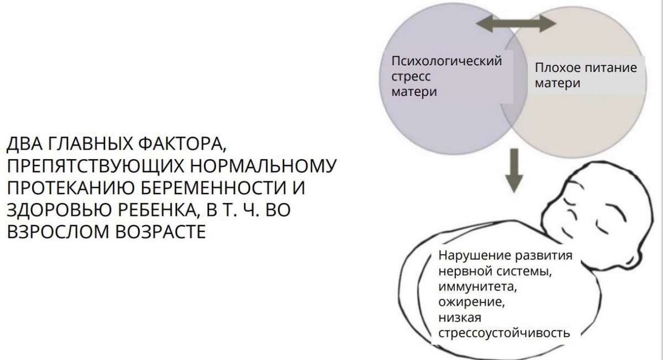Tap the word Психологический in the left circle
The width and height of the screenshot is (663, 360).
(446, 61)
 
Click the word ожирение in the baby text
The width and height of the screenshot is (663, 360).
(470, 303)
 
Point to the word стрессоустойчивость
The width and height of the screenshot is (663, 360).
(503, 333)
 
